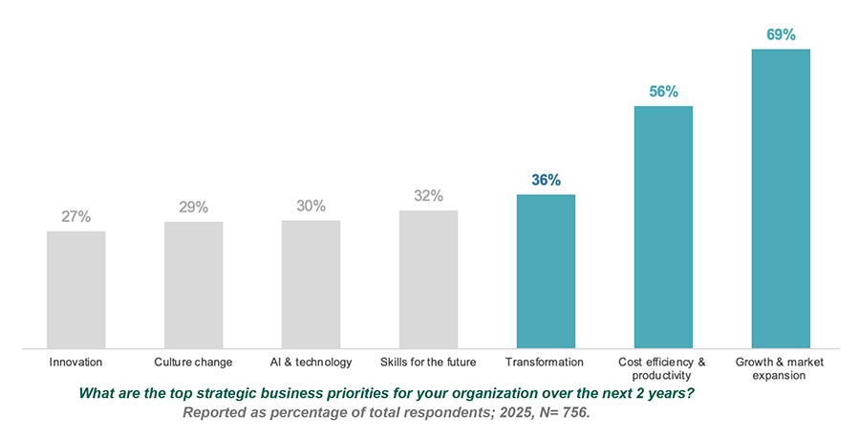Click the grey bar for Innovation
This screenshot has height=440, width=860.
click(75, 289)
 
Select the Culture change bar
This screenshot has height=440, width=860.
click(193, 285)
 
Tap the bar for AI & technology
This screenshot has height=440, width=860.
click(311, 284)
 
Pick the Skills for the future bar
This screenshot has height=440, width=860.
click(428, 279)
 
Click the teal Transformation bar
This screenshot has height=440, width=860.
click(546, 272)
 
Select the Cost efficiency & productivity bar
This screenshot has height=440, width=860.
click(663, 227)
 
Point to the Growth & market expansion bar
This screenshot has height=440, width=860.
click(781, 198)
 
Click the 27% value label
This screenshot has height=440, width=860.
click(75, 217)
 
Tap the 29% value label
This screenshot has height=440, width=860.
click(193, 208)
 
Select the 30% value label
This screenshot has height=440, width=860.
click(311, 206)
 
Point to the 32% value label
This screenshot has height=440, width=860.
click(428, 196)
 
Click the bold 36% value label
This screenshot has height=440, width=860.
click(546, 180)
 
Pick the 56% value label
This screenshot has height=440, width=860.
click(663, 92)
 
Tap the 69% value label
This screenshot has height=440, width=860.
click(781, 35)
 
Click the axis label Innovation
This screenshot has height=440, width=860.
click(75, 363)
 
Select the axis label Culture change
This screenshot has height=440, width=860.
click(193, 363)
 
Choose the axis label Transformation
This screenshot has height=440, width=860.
click(546, 363)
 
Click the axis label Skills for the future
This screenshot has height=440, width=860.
click(428, 363)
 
